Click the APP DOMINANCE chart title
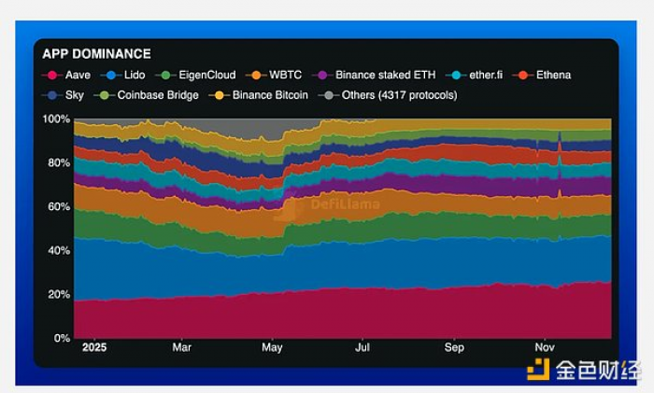(96, 54)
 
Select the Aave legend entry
(69, 75)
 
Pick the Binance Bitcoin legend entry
(263, 95)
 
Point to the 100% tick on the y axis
(56, 119)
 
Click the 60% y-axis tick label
(58, 207)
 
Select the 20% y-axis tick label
(58, 295)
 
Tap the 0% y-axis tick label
(61, 339)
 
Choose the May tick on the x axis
(272, 348)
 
